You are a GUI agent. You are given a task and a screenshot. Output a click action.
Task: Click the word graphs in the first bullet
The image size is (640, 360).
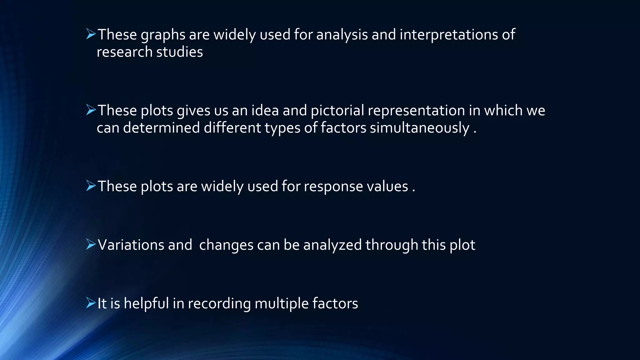point(163,35)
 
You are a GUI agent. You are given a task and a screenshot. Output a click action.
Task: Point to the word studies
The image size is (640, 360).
point(179,52)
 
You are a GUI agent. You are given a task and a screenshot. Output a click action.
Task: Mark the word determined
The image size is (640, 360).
point(161,128)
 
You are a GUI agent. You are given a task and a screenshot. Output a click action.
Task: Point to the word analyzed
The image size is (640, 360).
point(332,245)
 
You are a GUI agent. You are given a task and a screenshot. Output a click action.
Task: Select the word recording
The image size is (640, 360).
point(219,303)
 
